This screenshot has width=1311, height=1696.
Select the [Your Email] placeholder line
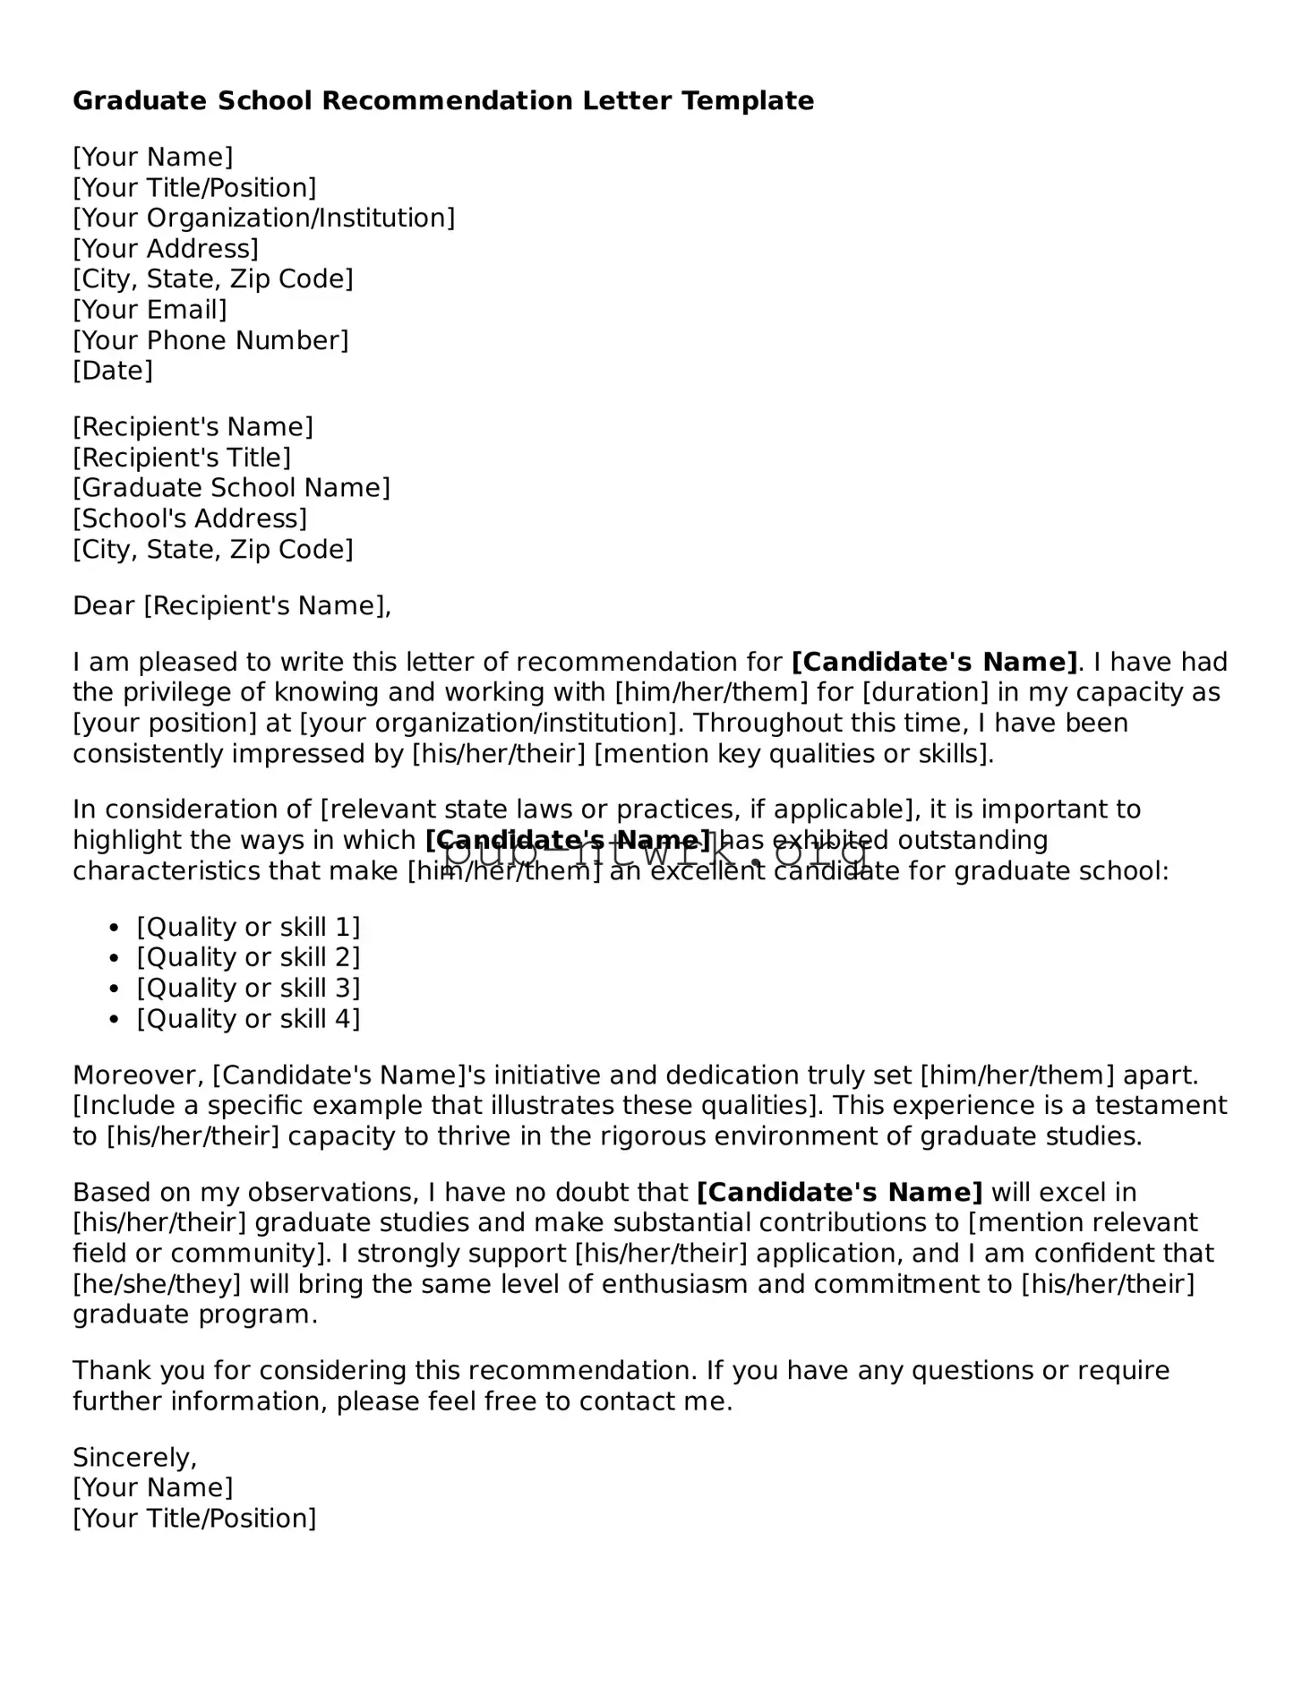(x=150, y=310)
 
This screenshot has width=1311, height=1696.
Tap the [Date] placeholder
(x=113, y=371)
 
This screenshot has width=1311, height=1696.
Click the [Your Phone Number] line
(x=210, y=340)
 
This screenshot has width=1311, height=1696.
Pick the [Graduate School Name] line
(x=231, y=488)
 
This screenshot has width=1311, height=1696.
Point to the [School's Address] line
(x=190, y=518)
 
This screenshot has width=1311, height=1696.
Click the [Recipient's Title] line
(x=182, y=458)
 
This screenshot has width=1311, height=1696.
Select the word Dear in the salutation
(x=104, y=606)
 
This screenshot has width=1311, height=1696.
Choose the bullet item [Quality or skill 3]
(x=248, y=988)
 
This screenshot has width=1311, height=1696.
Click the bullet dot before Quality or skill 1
(x=114, y=929)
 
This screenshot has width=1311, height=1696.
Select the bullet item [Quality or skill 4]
(x=248, y=1018)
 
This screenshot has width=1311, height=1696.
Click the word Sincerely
(x=134, y=1457)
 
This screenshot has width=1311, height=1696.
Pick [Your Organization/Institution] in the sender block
(x=263, y=218)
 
